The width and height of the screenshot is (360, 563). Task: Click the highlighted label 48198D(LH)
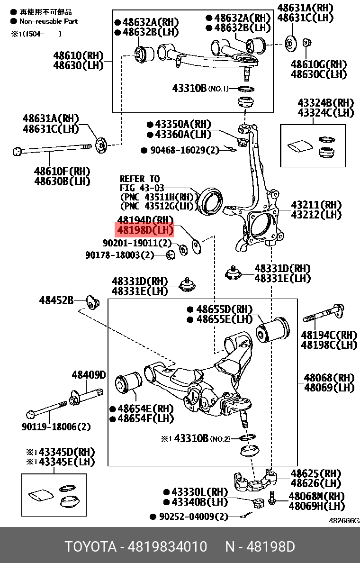click(x=145, y=231)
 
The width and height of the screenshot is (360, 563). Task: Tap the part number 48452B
click(x=56, y=300)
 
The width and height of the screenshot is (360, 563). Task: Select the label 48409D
click(x=89, y=375)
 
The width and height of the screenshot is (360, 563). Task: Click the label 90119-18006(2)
click(x=56, y=427)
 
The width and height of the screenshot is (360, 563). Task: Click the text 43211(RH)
click(x=316, y=205)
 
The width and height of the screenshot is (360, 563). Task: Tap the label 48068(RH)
click(x=329, y=378)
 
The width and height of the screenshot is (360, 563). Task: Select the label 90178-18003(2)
click(x=120, y=255)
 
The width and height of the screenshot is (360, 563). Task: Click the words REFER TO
click(x=140, y=179)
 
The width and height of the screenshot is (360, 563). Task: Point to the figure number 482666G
click(x=344, y=520)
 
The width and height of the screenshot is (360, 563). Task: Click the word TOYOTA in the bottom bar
click(x=90, y=547)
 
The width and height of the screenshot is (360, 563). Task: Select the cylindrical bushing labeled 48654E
click(x=127, y=383)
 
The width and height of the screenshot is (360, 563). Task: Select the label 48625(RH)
click(x=315, y=473)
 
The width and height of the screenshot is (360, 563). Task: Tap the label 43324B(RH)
click(x=325, y=103)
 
